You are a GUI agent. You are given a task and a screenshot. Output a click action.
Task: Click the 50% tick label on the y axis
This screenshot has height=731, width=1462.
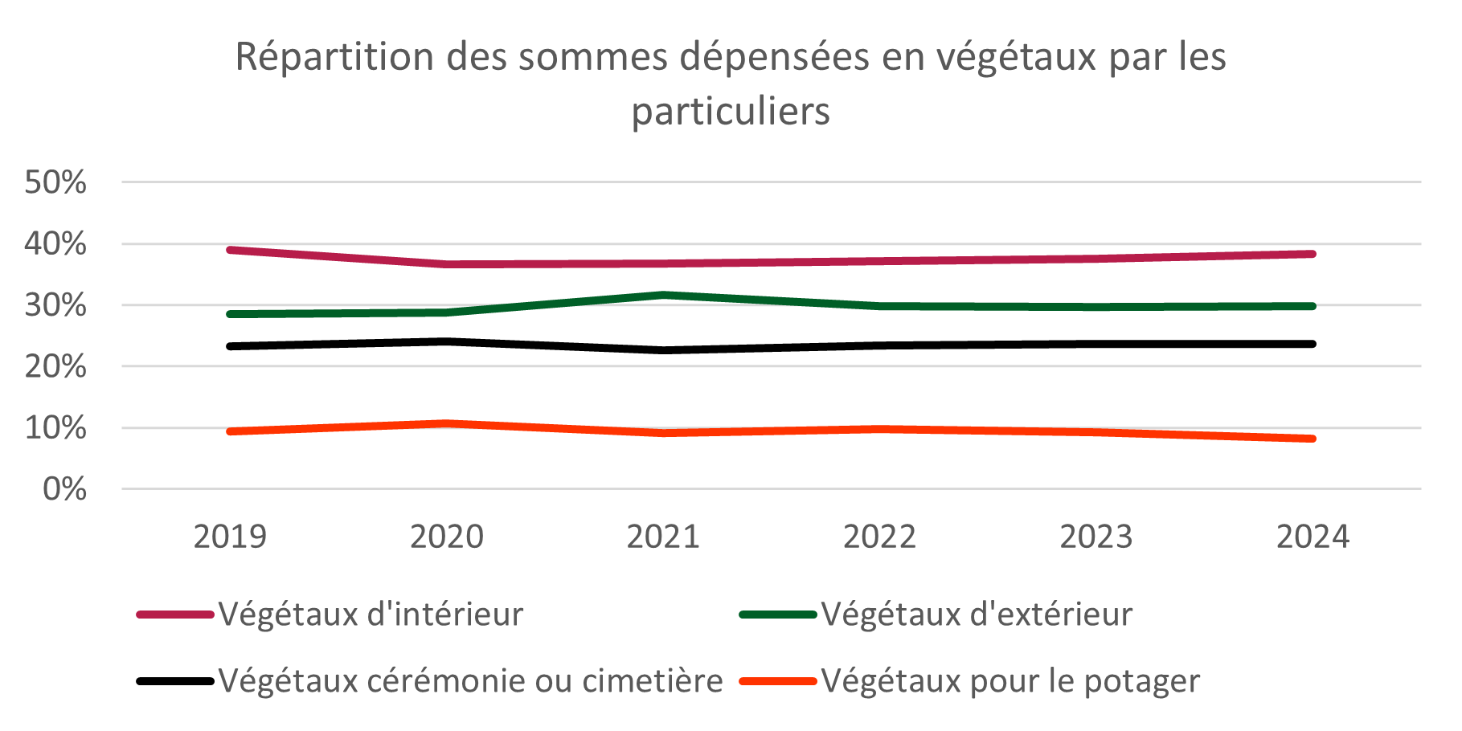[x=55, y=182]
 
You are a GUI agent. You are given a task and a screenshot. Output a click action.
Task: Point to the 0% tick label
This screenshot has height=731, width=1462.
[x=64, y=488]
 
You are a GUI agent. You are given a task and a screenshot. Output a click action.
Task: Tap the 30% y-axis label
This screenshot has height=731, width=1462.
[x=55, y=305]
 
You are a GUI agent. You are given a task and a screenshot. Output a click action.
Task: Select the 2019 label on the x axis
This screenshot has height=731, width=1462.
[x=230, y=536]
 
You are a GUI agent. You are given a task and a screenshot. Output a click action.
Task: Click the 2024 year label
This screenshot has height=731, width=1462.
[x=1313, y=536]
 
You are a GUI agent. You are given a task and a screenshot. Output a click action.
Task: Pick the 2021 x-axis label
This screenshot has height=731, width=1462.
[x=663, y=536]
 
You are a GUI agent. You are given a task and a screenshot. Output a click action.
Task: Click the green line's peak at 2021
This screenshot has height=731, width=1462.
[x=663, y=295]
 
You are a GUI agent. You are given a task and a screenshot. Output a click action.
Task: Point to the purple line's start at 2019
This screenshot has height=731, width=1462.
[x=230, y=250]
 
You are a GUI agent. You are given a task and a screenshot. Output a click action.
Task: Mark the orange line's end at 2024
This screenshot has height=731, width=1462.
[x=1313, y=439]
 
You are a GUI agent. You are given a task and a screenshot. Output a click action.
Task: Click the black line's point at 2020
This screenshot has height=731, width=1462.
[x=447, y=341]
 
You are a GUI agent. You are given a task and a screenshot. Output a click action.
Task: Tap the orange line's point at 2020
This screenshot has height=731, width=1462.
[x=447, y=423]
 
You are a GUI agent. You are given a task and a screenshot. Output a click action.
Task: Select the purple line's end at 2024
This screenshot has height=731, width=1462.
[x=1313, y=254]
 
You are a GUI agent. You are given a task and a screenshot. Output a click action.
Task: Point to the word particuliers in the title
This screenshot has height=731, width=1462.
[x=730, y=111]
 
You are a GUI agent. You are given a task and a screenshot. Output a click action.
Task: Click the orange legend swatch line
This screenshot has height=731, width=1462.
[x=777, y=681]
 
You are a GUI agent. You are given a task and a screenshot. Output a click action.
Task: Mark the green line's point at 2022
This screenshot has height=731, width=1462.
[x=880, y=305]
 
